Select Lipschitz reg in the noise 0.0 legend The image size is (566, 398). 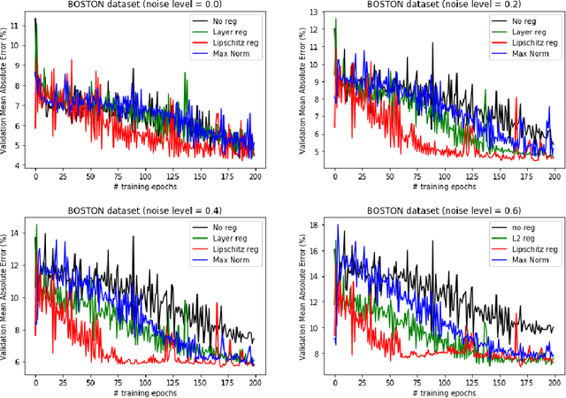228,43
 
